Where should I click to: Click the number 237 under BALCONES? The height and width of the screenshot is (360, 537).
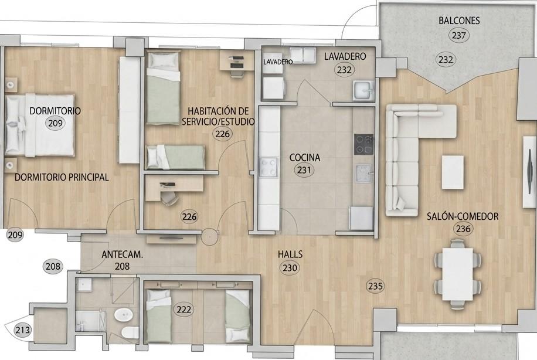458,35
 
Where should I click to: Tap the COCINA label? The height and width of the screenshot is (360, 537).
305,158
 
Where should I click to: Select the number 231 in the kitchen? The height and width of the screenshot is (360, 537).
304,170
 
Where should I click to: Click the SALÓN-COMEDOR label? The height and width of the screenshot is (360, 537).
463,216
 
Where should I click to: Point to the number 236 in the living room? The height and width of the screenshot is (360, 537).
463,229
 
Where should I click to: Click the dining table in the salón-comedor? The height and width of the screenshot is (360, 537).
457,274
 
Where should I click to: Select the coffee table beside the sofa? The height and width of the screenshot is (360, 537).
453,172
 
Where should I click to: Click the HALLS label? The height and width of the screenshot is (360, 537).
290,254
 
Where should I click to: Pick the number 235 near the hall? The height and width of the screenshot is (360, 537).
375,286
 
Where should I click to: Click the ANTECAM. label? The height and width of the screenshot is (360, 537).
123,254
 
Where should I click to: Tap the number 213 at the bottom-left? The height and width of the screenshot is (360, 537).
23,330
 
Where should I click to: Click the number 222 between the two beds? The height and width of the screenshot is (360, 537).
184,310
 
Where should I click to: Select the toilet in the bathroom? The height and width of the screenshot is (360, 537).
130,332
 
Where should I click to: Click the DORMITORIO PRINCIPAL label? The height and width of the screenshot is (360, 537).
62,177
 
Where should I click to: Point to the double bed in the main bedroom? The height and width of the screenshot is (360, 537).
40,125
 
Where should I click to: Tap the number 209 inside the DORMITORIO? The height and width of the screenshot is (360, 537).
55,123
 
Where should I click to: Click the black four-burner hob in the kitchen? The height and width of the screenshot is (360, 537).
363,144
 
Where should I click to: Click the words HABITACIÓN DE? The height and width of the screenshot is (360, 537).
218,111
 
